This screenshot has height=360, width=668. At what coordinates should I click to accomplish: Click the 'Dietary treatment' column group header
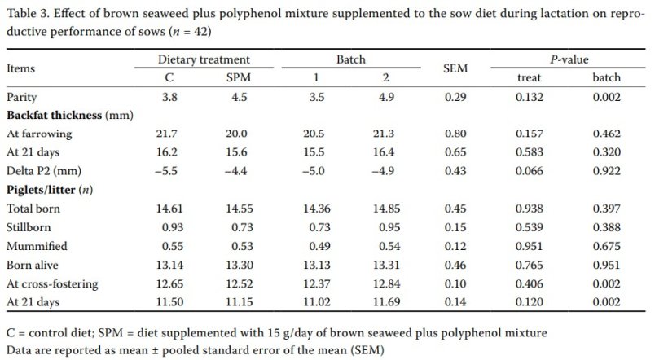(x=204, y=59)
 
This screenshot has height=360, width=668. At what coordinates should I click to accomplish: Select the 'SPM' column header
(x=237, y=77)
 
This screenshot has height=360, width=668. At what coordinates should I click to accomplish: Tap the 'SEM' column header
(x=455, y=68)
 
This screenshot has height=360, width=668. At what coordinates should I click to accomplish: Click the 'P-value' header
(x=568, y=59)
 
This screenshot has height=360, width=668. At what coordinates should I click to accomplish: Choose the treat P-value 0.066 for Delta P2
(x=530, y=170)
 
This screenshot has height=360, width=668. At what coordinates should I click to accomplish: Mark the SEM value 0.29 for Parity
(x=455, y=96)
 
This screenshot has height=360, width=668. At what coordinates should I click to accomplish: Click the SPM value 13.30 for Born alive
(x=239, y=265)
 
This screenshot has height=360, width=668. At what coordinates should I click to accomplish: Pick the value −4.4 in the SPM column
(x=237, y=170)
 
